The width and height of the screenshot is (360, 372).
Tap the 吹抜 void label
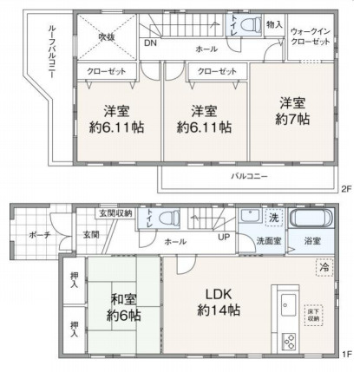click(106, 36)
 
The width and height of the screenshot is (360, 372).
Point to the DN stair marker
click(150, 42)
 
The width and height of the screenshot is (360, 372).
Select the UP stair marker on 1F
click(224, 237)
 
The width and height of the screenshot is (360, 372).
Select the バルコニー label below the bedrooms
click(248, 177)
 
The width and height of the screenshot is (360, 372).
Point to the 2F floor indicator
click(346, 188)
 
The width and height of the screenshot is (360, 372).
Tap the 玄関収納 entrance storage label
click(115, 213)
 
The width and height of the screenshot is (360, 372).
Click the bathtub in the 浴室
click(310, 219)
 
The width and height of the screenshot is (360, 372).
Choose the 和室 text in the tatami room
click(124, 300)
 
